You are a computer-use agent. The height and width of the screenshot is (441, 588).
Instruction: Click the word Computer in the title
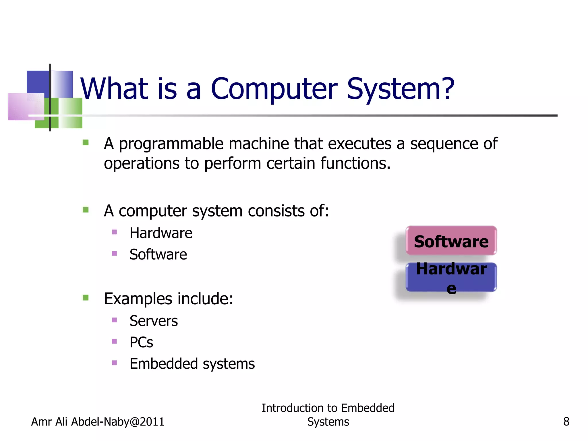pos(274,89)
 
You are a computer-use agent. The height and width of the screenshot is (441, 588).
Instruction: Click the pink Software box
pos(451,241)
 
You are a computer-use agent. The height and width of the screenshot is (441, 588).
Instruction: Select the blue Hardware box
pos(451,277)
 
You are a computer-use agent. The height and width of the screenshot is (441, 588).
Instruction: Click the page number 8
pos(566,422)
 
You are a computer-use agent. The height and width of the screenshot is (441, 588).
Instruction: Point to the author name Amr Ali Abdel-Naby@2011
pos(98,422)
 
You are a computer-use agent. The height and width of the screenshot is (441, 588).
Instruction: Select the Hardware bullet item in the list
pos(161,233)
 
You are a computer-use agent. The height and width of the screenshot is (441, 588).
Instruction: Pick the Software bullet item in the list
pos(158,254)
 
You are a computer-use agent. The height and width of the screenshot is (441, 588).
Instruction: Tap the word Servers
pos(154,321)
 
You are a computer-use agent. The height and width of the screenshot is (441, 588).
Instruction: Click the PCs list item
pos(141,342)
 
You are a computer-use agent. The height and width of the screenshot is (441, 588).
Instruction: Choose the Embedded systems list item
pos(192,364)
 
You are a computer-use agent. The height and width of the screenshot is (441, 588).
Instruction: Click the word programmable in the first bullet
pos(171,144)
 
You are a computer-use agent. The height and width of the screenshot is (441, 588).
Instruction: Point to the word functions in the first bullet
pos(355,163)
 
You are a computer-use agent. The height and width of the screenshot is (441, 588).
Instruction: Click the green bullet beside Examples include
pos(86,297)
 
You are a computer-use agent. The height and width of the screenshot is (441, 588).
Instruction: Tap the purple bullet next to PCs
pos(114,341)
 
